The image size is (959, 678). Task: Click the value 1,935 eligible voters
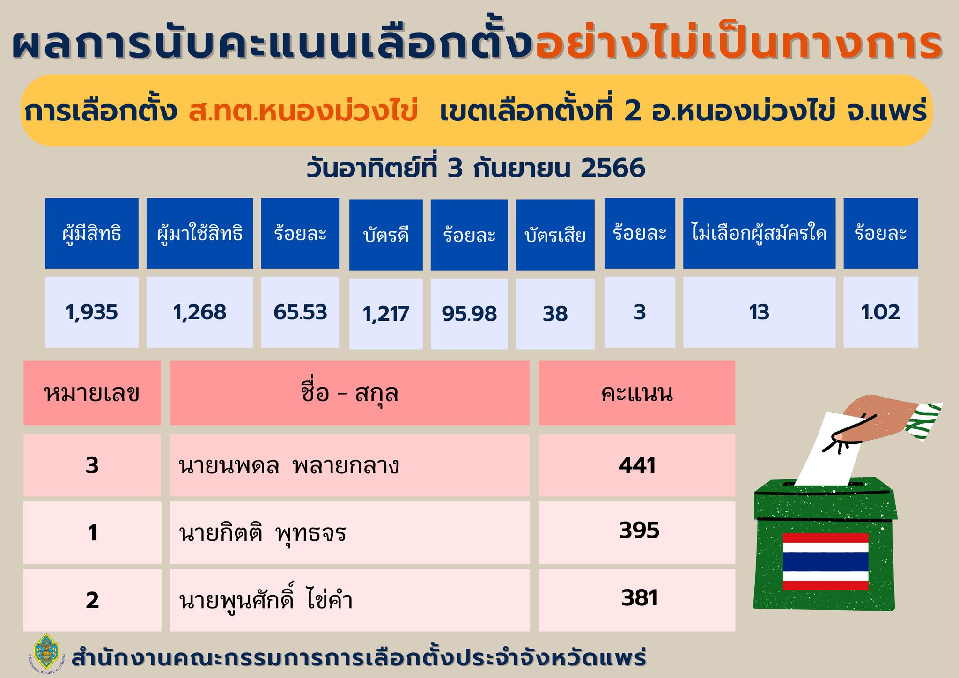coord(92,312)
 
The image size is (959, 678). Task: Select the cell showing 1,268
coord(200,312)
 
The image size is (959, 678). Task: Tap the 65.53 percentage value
coord(300,312)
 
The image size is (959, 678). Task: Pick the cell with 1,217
coord(386,314)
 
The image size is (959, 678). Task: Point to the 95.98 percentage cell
coord(469,314)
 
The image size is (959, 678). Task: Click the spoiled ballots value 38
coord(555,314)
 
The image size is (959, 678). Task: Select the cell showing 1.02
coord(880,312)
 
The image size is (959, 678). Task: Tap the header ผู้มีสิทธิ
coord(92,233)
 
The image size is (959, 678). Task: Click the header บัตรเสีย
coord(555,235)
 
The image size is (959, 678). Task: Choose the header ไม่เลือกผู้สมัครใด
coord(759,233)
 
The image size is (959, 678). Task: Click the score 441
coord(637,465)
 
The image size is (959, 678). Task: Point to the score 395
coord(639,531)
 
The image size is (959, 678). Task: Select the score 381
coord(640,598)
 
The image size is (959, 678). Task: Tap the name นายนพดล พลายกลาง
coord(289,466)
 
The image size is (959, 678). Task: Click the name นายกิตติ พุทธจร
coord(263,533)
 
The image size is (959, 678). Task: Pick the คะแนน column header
coord(637,393)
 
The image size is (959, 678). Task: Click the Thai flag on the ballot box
coord(826,561)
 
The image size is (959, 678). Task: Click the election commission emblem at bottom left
coord(47,656)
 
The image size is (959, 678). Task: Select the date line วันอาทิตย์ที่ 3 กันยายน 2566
coord(476,169)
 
